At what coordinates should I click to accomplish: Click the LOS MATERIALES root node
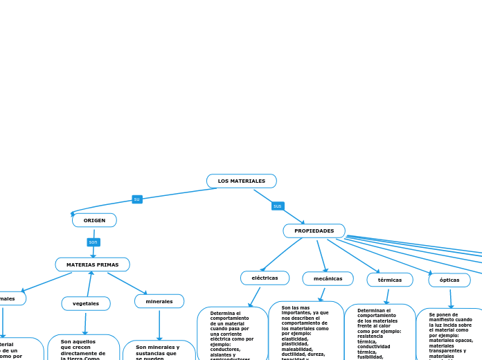click(241, 181)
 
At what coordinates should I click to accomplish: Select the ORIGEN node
click(94, 220)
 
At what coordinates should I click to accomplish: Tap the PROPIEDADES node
click(314, 231)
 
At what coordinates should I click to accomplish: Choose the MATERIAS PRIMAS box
click(92, 264)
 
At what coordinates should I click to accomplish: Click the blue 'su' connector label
click(136, 199)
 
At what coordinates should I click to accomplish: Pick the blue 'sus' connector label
click(278, 206)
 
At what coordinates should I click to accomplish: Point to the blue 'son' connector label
click(93, 242)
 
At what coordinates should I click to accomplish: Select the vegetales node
click(86, 303)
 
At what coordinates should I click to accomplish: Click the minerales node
click(159, 301)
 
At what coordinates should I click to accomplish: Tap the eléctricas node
click(265, 278)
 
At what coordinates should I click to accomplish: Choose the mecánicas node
click(328, 278)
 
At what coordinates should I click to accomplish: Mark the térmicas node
click(390, 280)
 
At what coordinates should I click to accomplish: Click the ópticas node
click(449, 280)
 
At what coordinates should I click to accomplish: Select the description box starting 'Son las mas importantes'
click(305, 331)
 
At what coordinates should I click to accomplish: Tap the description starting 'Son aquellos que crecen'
click(83, 348)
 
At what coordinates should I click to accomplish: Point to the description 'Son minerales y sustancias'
click(159, 351)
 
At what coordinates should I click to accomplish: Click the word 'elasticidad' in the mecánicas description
click(296, 338)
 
